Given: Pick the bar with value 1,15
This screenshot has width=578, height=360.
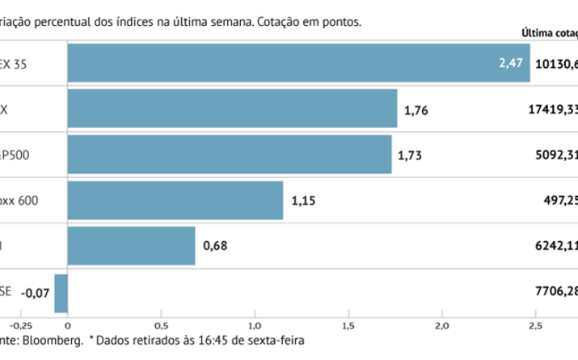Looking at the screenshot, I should (x=175, y=200).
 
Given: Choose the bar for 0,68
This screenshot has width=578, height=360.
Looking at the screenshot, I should (x=131, y=246).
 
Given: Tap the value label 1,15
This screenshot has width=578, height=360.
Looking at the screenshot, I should (x=302, y=200).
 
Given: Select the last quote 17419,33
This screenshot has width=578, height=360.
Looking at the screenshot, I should (x=550, y=108).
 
